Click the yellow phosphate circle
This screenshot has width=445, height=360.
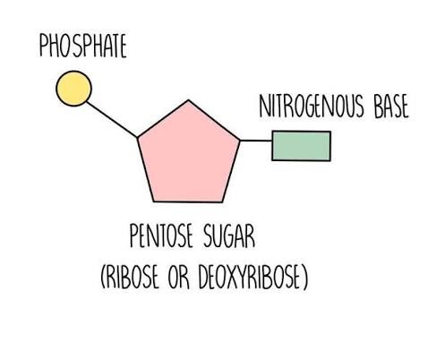[73, 89]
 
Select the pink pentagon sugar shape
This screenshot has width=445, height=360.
[188, 155]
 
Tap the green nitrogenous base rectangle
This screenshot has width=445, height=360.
[301, 146]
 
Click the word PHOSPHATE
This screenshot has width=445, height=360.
[83, 46]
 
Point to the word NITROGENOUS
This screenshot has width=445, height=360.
[312, 106]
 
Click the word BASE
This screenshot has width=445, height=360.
[391, 106]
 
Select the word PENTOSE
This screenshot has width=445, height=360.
[161, 236]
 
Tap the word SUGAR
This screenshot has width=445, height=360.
[229, 236]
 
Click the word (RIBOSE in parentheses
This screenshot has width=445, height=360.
[130, 277]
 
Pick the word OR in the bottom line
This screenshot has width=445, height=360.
[179, 277]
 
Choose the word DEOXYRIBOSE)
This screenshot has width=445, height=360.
[253, 277]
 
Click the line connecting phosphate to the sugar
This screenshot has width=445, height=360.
[112, 119]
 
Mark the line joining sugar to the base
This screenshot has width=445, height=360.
[256, 140]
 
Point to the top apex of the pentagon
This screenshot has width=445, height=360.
[188, 100]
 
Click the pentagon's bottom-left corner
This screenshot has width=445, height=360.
[154, 201]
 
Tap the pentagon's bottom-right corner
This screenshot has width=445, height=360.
[222, 202]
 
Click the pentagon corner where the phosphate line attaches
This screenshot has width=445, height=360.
[138, 138]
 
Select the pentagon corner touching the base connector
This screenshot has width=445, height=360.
[239, 140]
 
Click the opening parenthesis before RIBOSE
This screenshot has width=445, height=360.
[103, 277]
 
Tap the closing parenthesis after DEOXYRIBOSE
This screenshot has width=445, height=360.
[305, 277]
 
